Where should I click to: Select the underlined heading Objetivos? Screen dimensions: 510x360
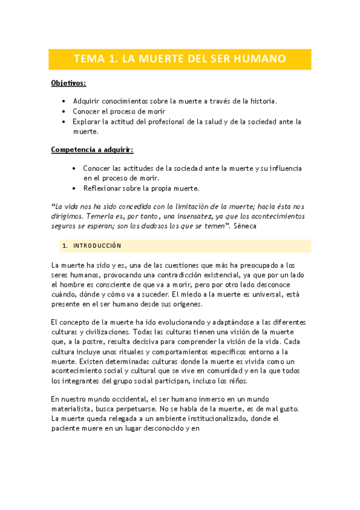pyautogui.click(x=69, y=83)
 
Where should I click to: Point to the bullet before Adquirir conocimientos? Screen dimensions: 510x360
pyautogui.click(x=64, y=101)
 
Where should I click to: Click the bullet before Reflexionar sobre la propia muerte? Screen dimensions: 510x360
pyautogui.click(x=74, y=188)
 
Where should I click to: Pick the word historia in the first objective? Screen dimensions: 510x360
pyautogui.click(x=262, y=101)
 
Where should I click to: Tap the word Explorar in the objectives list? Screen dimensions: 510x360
pyautogui.click(x=88, y=121)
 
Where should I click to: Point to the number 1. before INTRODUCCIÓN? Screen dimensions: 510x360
pyautogui.click(x=65, y=246)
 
